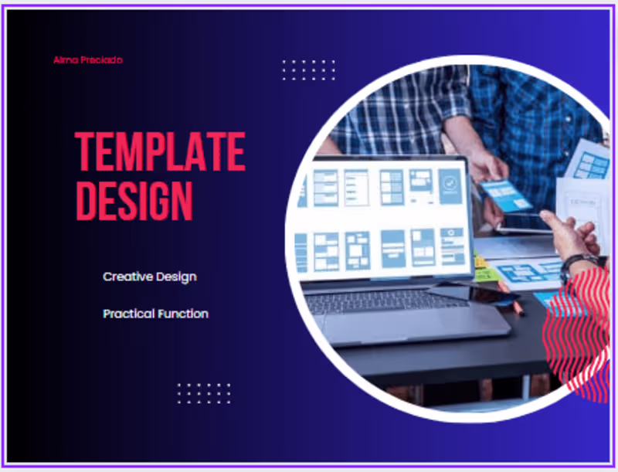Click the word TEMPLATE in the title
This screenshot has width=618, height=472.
coord(160,151)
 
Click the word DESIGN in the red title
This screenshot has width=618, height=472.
coord(134,201)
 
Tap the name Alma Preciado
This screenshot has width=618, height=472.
coord(88,59)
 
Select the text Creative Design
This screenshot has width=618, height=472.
coord(150,277)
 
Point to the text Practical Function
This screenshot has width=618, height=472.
coord(155,314)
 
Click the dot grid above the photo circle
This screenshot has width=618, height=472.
coord(308,70)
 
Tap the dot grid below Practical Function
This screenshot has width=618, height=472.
coord(204,393)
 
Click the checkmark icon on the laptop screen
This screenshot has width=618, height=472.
coord(450,184)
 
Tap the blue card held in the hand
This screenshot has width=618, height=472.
coord(506,194)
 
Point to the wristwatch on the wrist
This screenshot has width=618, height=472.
coord(576,263)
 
